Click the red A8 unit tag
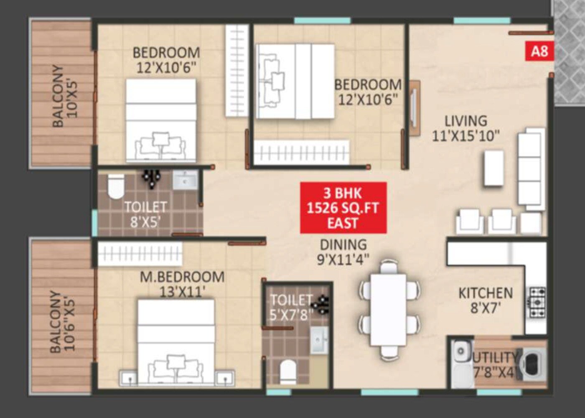(x=539, y=51)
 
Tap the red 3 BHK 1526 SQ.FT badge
(x=343, y=208)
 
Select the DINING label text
(x=343, y=245)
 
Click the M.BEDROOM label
(x=182, y=277)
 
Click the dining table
(x=389, y=309)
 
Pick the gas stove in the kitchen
(x=537, y=302)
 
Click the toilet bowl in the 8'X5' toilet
(x=116, y=186)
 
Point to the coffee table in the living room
(x=493, y=168)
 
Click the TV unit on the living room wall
(x=414, y=107)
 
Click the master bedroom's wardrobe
(x=140, y=253)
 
